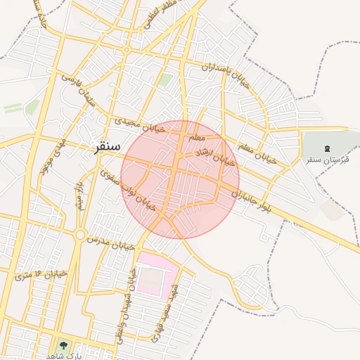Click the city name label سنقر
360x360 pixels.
click(x=105, y=147)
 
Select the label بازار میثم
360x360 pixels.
click(x=80, y=196)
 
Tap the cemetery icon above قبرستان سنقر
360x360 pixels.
click(x=326, y=148)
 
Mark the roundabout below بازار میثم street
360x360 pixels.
click(x=80, y=234)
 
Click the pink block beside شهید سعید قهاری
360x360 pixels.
click(x=152, y=274)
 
